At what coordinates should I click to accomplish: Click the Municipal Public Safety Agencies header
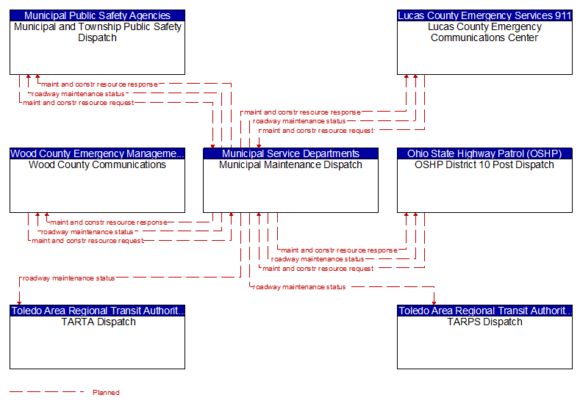[x=97, y=15]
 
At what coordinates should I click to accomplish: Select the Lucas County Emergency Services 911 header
[x=484, y=15]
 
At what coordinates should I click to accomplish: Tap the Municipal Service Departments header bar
[x=291, y=153]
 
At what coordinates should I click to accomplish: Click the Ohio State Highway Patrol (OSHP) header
[x=484, y=153]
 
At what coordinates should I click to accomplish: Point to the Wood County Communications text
[x=97, y=164]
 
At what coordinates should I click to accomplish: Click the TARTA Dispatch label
[x=99, y=322]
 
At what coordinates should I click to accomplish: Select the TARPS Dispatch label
[x=484, y=322]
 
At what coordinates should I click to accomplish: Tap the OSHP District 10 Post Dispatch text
[x=484, y=164]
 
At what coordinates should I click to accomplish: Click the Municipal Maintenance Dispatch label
[x=290, y=164]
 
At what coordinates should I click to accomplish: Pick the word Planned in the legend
[x=106, y=392]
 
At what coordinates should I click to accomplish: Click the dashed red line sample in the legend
[x=46, y=391]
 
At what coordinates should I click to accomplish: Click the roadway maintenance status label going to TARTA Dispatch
[x=69, y=278]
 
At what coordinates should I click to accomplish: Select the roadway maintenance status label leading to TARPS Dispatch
[x=299, y=287]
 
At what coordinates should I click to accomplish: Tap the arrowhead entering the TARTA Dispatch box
[x=19, y=303]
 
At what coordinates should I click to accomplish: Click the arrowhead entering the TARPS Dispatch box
[x=434, y=303]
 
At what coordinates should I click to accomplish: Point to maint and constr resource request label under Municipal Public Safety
[x=79, y=103]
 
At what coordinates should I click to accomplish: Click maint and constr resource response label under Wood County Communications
[x=109, y=222]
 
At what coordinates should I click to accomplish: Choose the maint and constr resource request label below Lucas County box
[x=318, y=131]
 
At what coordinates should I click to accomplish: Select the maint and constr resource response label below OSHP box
[x=339, y=250]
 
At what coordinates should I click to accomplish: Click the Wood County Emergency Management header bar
[x=97, y=153]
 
